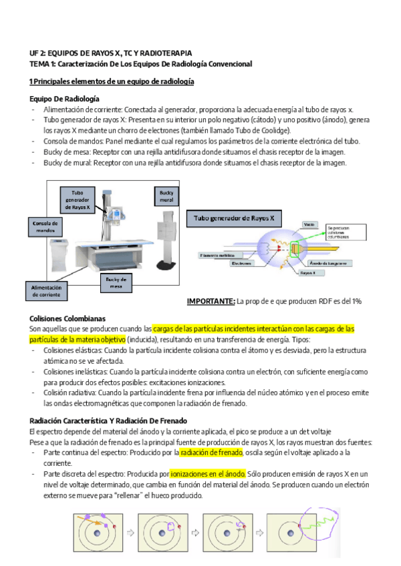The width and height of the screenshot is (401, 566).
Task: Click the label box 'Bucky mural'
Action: [x=166, y=196]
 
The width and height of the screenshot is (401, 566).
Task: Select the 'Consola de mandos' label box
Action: [x=45, y=226]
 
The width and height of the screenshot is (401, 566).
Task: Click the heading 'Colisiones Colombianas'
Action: [x=68, y=318]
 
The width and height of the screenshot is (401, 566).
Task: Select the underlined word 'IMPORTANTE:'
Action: [x=211, y=302]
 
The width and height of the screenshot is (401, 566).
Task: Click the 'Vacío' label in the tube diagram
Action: [x=309, y=224]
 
